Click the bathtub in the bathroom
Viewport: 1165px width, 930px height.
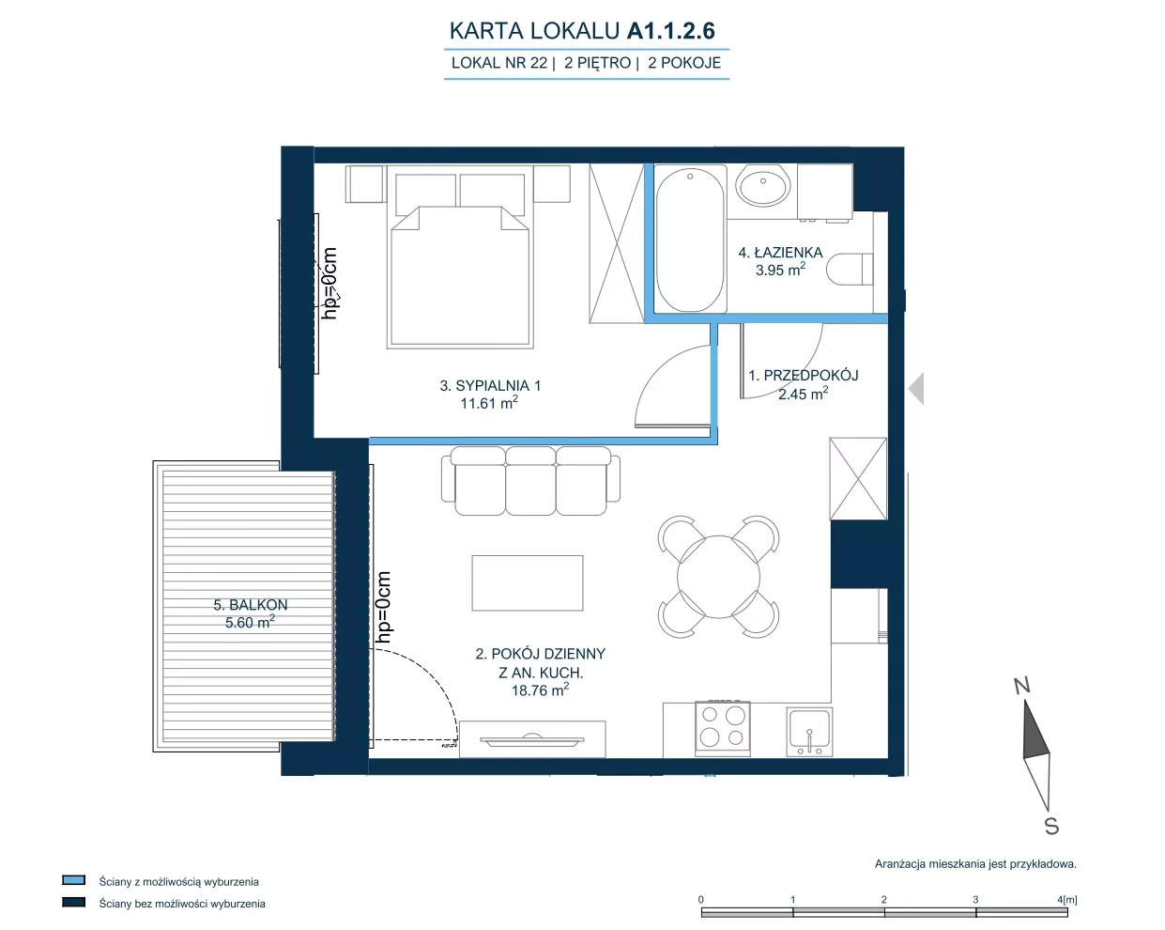(x=690, y=239)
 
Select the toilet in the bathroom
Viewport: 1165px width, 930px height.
(x=850, y=270)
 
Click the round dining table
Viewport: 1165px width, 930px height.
(x=718, y=576)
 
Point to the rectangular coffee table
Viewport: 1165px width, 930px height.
(x=528, y=582)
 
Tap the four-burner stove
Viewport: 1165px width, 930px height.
(x=723, y=728)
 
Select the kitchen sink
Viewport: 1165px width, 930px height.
(x=809, y=732)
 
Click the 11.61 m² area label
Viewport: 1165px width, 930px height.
(x=489, y=402)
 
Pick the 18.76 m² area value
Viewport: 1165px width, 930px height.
(x=541, y=690)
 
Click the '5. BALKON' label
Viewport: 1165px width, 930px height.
(x=251, y=604)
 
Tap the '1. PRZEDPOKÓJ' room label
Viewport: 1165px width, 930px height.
(x=804, y=376)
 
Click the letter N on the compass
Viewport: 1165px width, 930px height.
(x=1022, y=687)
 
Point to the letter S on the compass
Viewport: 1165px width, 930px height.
(x=1051, y=826)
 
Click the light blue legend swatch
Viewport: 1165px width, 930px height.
(x=73, y=879)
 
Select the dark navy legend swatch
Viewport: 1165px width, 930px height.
(x=73, y=902)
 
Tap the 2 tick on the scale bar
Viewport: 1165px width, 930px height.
(x=884, y=899)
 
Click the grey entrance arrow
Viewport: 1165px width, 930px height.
(x=917, y=388)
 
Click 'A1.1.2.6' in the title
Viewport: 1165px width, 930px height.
(x=671, y=31)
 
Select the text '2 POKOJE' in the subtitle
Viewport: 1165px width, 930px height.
(x=684, y=63)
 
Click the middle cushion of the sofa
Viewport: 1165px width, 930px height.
(x=530, y=480)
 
